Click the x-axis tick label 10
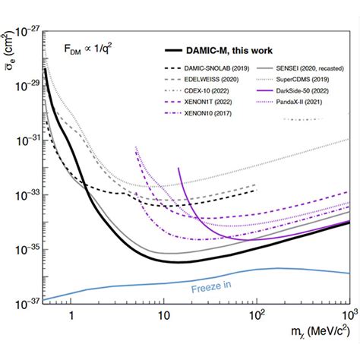click(x=163, y=315)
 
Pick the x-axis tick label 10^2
click(x=257, y=314)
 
